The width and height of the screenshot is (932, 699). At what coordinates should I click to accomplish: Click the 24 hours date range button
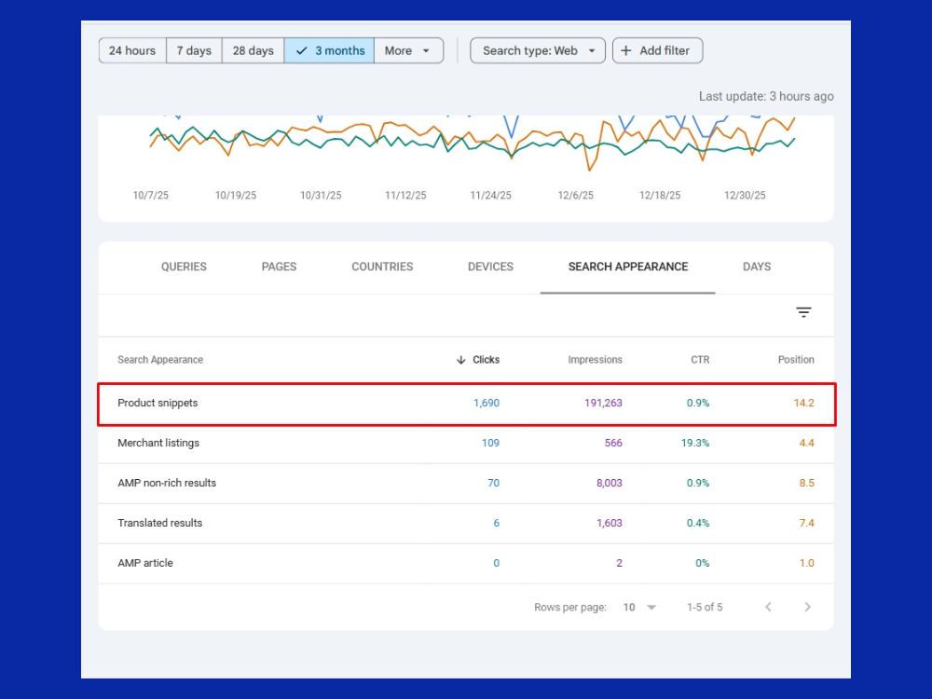[x=132, y=50]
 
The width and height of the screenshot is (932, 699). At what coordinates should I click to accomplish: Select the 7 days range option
[x=195, y=50]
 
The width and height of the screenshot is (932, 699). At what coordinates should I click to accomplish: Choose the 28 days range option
[x=254, y=50]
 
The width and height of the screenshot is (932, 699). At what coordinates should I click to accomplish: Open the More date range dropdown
[x=408, y=50]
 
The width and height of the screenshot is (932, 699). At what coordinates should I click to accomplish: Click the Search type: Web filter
[x=538, y=50]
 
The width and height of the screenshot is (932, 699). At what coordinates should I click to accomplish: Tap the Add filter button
[x=657, y=50]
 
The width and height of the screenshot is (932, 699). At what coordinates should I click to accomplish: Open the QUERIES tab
[x=184, y=267]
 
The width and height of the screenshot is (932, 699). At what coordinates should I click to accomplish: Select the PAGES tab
[x=279, y=267]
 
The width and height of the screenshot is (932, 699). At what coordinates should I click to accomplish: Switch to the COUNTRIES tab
[x=382, y=267]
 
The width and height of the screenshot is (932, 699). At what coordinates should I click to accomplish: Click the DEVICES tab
[x=490, y=267]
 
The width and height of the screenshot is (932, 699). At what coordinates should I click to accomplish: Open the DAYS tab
[x=757, y=267]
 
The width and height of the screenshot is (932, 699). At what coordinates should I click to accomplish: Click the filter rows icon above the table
[x=803, y=312]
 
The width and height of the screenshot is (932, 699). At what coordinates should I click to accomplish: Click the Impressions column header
[x=595, y=360]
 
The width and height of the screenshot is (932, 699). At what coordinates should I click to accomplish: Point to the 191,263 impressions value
[x=603, y=403]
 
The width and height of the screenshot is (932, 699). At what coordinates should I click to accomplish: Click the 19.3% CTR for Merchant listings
[x=695, y=443]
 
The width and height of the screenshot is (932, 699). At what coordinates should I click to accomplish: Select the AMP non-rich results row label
[x=167, y=483]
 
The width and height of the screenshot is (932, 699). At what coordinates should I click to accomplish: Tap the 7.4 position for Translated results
[x=806, y=523]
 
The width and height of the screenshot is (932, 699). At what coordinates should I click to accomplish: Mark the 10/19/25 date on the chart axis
[x=236, y=195]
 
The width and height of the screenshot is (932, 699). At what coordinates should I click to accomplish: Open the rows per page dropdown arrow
[x=651, y=607]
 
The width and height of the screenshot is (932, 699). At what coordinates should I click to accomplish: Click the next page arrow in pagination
[x=807, y=607]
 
